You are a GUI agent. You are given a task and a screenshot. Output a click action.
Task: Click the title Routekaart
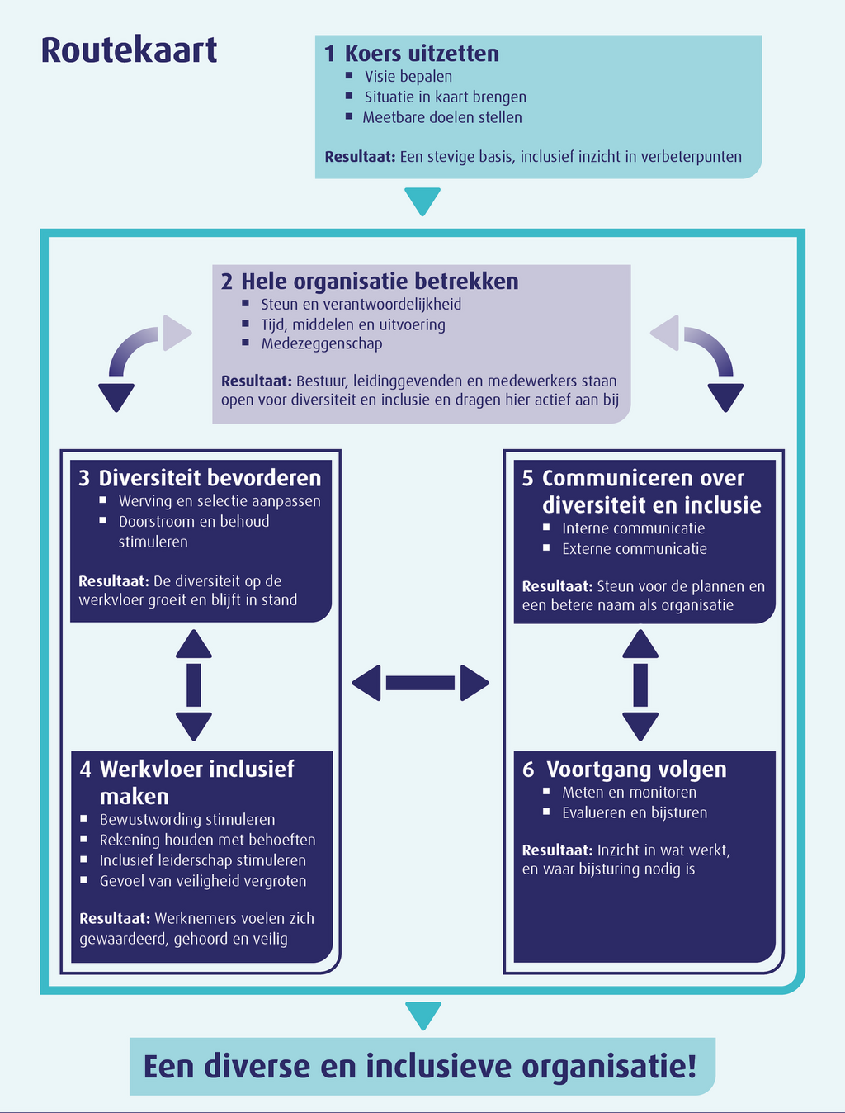pyautogui.click(x=129, y=50)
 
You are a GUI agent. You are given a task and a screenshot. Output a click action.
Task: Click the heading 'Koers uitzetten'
pyautogui.click(x=421, y=54)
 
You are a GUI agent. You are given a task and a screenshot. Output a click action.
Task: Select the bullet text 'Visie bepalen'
pyautogui.click(x=408, y=77)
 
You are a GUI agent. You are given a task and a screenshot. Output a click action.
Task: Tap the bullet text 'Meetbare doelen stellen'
pyautogui.click(x=441, y=117)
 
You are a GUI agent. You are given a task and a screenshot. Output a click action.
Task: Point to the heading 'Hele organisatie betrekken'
pyautogui.click(x=380, y=282)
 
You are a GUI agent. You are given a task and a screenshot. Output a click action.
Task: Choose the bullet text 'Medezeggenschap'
pyautogui.click(x=321, y=343)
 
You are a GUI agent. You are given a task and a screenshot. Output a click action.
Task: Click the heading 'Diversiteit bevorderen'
pyautogui.click(x=210, y=478)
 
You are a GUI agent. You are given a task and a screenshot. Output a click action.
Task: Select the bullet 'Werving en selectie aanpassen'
pyautogui.click(x=219, y=501)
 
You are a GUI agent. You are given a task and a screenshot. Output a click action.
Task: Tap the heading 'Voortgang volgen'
pyautogui.click(x=635, y=770)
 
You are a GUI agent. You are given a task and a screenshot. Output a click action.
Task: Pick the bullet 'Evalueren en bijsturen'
pyautogui.click(x=634, y=812)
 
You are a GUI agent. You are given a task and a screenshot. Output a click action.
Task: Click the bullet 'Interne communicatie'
pyautogui.click(x=633, y=528)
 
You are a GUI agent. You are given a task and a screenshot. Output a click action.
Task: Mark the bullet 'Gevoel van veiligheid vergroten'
pyautogui.click(x=202, y=881)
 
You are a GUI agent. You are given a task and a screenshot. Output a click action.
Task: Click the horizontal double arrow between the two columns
pyautogui.click(x=420, y=683)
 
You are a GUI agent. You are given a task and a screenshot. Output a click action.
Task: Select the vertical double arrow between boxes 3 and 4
pyautogui.click(x=194, y=684)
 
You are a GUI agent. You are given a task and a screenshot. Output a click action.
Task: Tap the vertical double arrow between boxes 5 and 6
pyautogui.click(x=640, y=684)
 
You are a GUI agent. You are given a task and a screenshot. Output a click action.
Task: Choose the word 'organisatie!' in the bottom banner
pyautogui.click(x=608, y=1066)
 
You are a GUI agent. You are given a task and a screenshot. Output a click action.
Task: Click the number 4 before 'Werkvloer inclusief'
pyautogui.click(x=86, y=770)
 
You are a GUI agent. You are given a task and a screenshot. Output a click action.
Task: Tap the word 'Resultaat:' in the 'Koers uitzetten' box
pyautogui.click(x=360, y=157)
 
